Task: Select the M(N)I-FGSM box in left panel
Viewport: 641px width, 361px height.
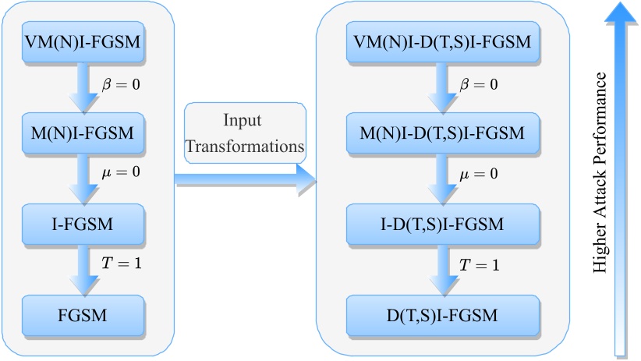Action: point(84,133)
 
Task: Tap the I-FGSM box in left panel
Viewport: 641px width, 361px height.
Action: point(84,225)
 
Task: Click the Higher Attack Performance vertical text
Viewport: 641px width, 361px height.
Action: point(600,173)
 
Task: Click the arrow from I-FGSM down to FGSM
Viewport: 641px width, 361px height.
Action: point(84,270)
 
